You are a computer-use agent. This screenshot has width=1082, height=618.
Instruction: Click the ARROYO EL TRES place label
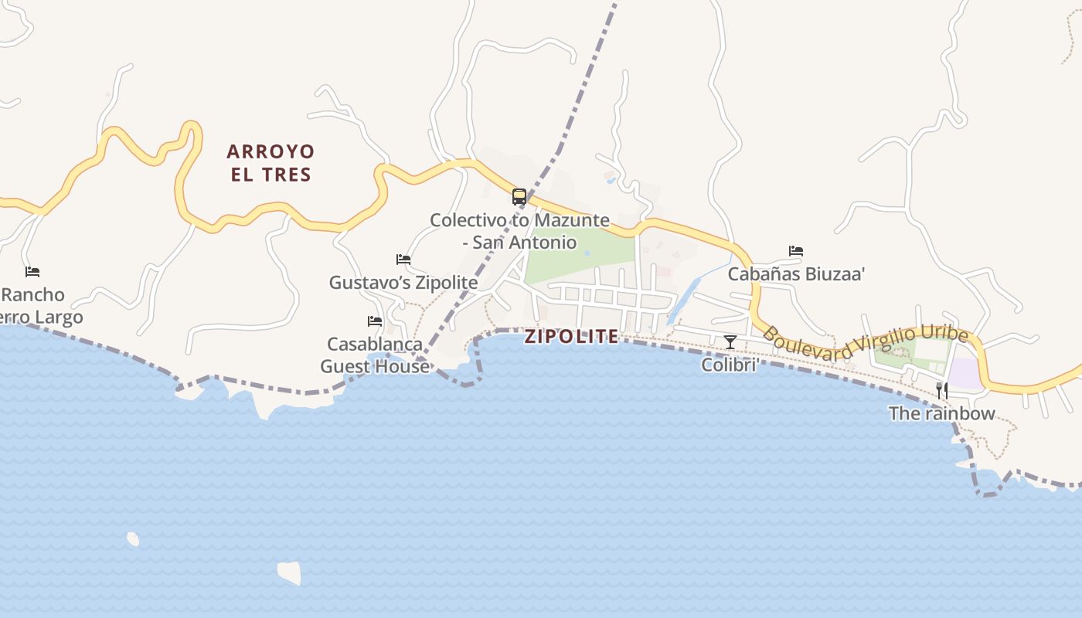tap(270, 162)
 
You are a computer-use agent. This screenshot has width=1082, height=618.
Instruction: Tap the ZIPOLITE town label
tap(571, 336)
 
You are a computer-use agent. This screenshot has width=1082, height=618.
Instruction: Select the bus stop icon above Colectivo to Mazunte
tap(519, 196)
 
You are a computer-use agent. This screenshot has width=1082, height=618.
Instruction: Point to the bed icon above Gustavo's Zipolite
tap(403, 260)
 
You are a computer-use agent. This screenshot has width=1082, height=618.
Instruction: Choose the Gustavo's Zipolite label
tap(403, 283)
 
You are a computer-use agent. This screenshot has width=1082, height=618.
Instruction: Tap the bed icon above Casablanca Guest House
tap(375, 321)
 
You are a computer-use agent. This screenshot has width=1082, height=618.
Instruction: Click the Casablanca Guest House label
tap(375, 355)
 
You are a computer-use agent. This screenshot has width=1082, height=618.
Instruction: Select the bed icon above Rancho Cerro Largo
tap(32, 272)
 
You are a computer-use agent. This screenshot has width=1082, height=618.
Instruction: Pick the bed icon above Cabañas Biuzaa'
tap(796, 251)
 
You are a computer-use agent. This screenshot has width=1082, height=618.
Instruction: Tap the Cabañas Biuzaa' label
tap(796, 274)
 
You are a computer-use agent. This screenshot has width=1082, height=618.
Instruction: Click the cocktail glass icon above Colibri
tap(730, 341)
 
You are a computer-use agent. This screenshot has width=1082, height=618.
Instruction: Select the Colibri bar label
tap(728, 365)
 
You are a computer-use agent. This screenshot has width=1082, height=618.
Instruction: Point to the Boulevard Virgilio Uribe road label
tap(866, 343)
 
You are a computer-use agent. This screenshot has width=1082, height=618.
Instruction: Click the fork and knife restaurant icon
tap(942, 390)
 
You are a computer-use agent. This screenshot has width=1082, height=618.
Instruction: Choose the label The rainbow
tap(941, 413)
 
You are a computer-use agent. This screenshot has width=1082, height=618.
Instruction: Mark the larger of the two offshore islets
tap(289, 572)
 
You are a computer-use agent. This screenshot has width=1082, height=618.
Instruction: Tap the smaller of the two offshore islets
tap(133, 538)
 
